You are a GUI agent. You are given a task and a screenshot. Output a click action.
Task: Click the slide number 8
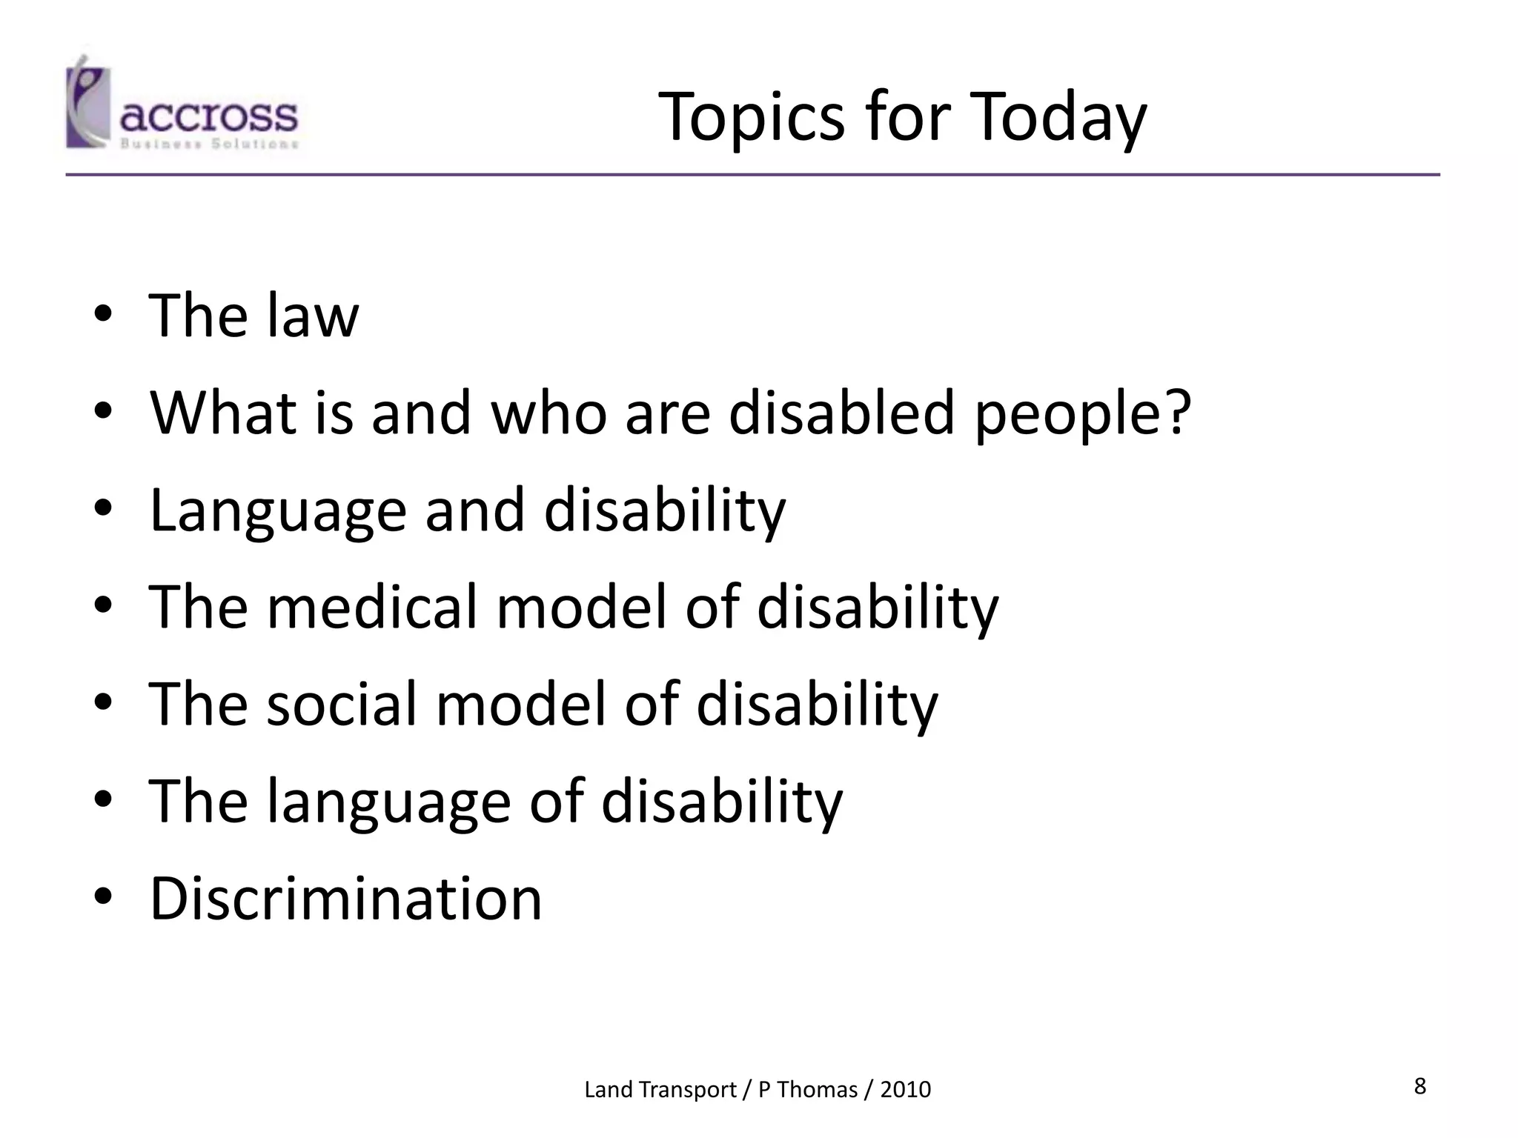tap(1419, 1086)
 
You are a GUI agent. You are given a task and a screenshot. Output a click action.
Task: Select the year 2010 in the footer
tap(905, 1090)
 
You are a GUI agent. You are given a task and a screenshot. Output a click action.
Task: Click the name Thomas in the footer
tap(817, 1090)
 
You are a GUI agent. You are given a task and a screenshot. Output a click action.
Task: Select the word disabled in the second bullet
tap(841, 412)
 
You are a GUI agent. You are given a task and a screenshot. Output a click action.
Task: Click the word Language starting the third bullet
tap(277, 511)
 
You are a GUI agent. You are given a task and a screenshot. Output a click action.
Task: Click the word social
tap(342, 704)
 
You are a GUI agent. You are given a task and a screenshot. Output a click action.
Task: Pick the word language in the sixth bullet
tap(388, 802)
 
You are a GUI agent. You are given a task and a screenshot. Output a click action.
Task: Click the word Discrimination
tap(345, 899)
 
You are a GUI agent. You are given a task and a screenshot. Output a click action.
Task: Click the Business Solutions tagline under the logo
tap(208, 144)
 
